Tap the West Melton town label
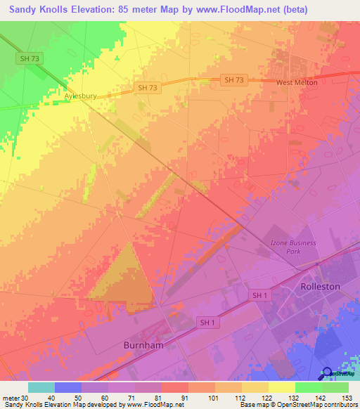tap(296, 82)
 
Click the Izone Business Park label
tap(293, 247)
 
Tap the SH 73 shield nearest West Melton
tap(233, 80)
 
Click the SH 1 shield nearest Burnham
tap(206, 323)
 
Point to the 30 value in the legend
tap(25, 398)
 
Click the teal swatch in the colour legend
tap(41, 387)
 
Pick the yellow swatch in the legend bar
tap(281, 387)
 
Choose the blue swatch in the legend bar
tap(68, 387)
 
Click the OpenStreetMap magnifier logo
tap(327, 372)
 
